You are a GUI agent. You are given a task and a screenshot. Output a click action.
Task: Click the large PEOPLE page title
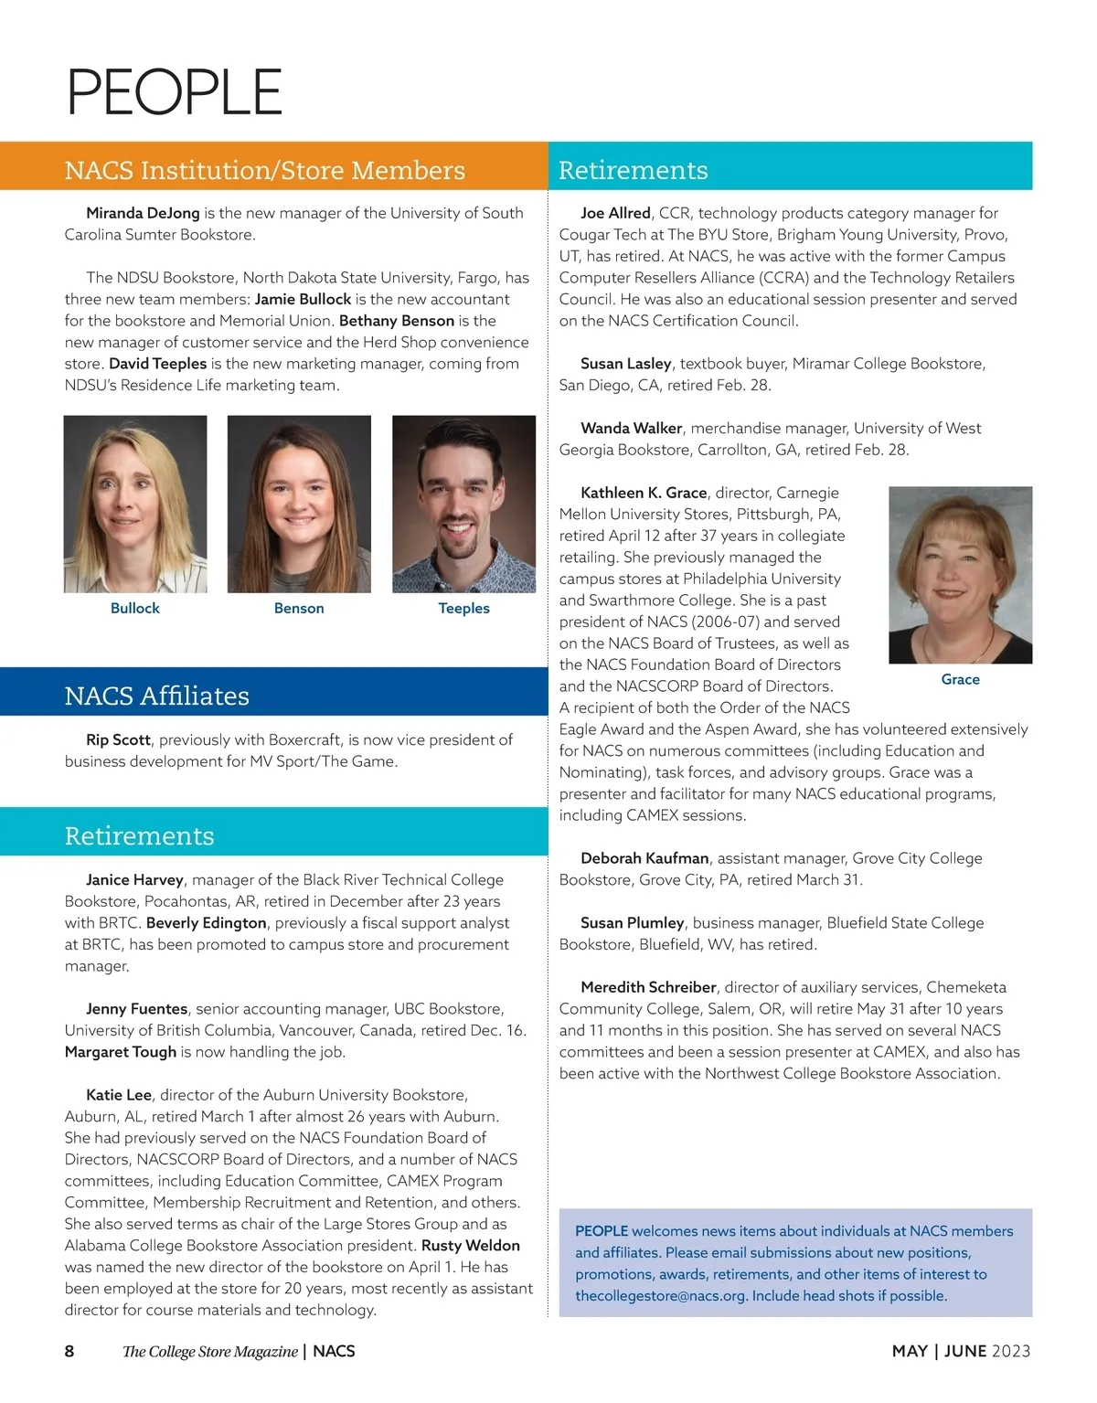coord(174,91)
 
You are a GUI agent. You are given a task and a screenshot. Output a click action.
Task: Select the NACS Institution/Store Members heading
coord(264,170)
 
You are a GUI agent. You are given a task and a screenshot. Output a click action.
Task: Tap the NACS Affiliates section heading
coord(156,696)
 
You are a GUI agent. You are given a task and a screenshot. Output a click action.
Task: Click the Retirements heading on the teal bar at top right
coord(633,170)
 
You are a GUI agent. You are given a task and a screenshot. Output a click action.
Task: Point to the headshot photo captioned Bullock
coord(135,504)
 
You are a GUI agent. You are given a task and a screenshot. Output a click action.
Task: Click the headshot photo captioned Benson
coord(299,504)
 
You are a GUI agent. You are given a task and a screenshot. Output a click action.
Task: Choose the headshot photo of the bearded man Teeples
coord(463,504)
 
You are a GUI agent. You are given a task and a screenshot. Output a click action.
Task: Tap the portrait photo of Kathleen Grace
coord(960,575)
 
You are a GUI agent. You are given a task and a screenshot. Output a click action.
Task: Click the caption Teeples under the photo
coord(463,609)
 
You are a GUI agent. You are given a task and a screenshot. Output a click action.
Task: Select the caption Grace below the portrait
coord(960,680)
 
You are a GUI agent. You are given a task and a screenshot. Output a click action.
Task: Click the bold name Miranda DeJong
coord(143,213)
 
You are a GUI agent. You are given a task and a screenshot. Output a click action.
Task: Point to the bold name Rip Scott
coord(118,739)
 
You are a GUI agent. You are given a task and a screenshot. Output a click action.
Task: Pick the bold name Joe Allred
coord(615,213)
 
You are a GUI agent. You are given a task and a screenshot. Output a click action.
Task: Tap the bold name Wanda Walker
coord(631,428)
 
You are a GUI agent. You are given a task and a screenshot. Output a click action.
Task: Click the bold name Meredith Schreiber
coord(648,987)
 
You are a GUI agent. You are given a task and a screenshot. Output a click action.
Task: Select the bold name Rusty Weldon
coord(470,1245)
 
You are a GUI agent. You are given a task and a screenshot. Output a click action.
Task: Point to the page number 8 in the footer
coord(69,1351)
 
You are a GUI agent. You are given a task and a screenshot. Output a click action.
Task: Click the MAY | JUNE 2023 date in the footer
coord(961,1351)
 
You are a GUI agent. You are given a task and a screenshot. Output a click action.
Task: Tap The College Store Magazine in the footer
coord(210,1351)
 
